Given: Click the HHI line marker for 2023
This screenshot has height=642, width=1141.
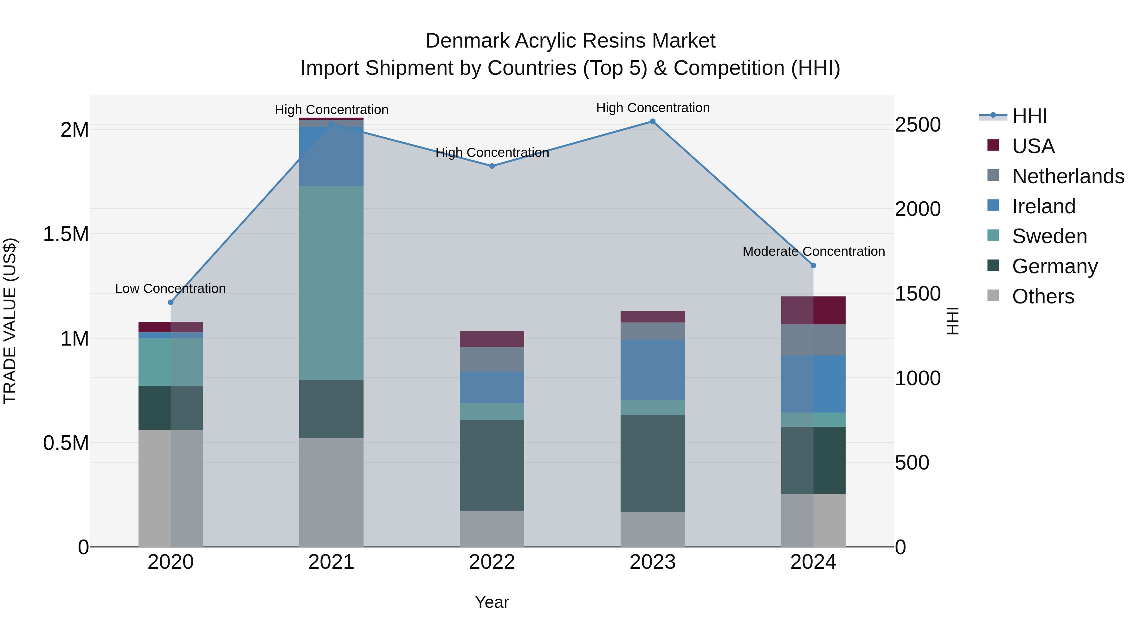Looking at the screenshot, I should point(653,121).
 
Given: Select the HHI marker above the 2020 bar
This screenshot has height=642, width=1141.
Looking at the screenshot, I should point(171,302).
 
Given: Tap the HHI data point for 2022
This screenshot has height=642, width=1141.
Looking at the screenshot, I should point(492,166).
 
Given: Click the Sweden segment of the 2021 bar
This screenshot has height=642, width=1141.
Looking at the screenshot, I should point(331,283).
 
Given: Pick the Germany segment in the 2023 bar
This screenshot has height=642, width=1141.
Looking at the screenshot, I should point(653,464).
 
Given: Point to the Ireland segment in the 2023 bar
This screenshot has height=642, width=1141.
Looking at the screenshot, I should point(653,370).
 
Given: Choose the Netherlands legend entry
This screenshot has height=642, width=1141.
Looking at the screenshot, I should point(1068,176).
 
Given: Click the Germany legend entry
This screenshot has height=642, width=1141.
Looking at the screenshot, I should point(1054,266).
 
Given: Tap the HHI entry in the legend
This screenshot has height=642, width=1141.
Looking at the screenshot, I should point(1029,116).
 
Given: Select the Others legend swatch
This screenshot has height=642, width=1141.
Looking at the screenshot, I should point(993,295).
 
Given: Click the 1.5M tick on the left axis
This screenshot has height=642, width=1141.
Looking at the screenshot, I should point(66,234).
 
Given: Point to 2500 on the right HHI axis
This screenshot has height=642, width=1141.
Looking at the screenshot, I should point(918,125).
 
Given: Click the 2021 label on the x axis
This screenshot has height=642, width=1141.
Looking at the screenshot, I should point(331,562).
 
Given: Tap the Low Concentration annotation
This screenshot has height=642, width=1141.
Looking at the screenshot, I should point(171,289).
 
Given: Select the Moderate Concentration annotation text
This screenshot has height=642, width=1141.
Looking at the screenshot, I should point(813,251).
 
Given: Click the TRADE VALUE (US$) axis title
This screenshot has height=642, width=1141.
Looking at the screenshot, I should point(10,321).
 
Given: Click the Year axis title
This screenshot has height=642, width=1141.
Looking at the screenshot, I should point(492,602).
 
